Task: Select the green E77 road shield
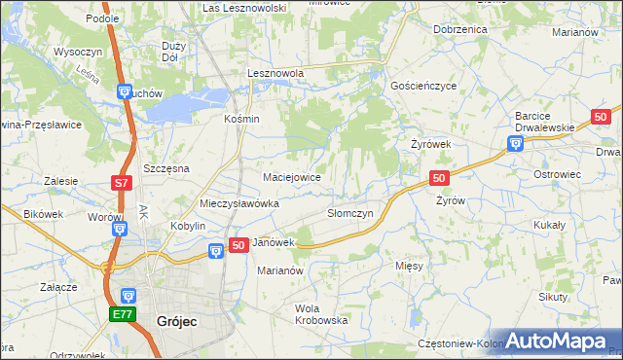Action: (x=123, y=314)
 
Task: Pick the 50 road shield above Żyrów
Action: (x=439, y=178)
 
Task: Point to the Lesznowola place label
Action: (x=275, y=73)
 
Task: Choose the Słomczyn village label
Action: (x=350, y=213)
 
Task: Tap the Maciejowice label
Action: (x=293, y=178)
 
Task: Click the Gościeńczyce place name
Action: (x=423, y=86)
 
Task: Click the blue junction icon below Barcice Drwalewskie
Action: (x=516, y=145)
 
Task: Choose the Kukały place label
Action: (x=552, y=224)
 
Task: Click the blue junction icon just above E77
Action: (x=128, y=295)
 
